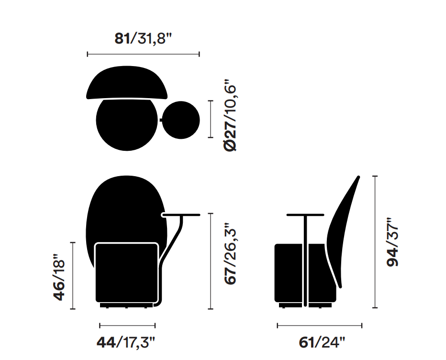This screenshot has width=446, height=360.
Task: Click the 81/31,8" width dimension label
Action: (x=144, y=38)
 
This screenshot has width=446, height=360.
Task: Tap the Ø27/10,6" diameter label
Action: (x=230, y=118)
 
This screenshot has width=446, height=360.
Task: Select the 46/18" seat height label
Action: (x=59, y=277)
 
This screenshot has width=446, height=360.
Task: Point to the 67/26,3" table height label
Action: (x=230, y=253)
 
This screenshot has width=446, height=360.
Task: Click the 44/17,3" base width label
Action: (x=126, y=342)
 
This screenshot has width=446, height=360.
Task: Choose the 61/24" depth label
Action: (x=322, y=342)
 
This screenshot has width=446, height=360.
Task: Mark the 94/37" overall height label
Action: (x=392, y=242)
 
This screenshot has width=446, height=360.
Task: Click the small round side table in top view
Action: (x=181, y=120)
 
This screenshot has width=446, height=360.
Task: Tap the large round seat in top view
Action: (x=127, y=124)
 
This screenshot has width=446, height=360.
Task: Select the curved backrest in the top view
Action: (x=127, y=83)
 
